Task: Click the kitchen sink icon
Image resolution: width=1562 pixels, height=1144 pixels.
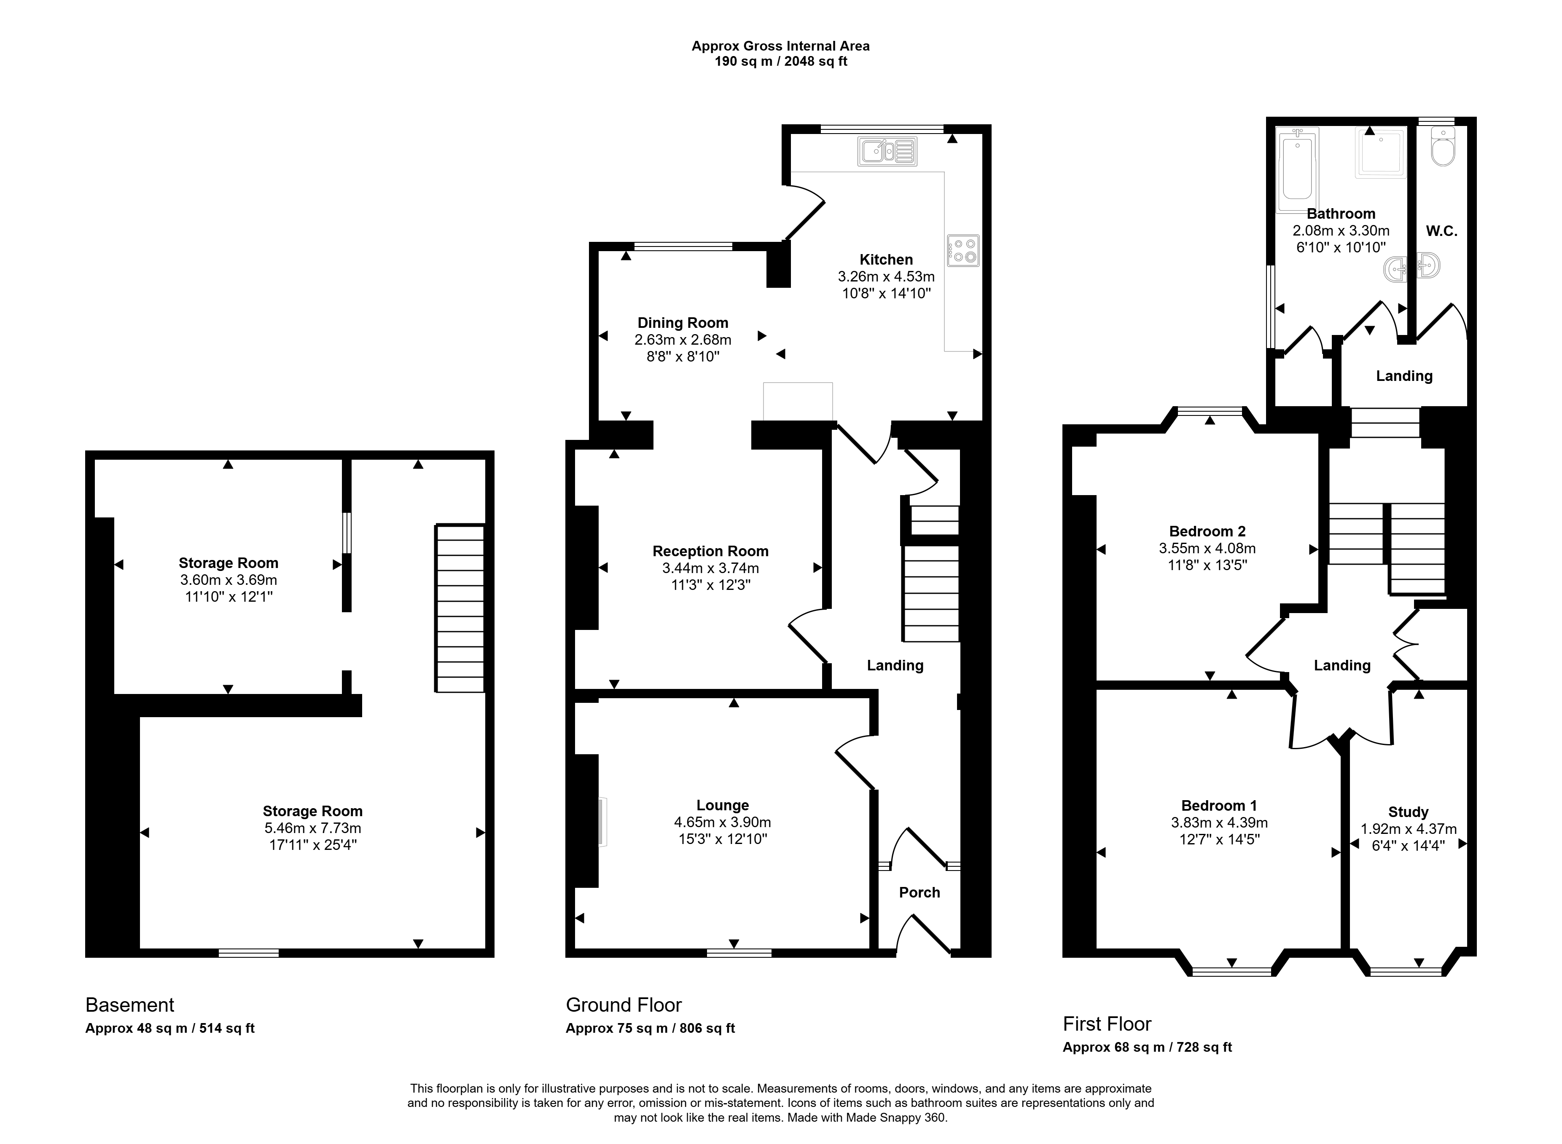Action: pyautogui.click(x=887, y=151)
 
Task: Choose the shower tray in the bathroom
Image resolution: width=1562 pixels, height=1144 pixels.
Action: pyautogui.click(x=1381, y=153)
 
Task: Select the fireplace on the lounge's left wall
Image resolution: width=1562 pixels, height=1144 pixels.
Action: pyautogui.click(x=602, y=821)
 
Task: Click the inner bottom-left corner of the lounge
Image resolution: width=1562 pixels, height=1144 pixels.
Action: pyautogui.click(x=575, y=947)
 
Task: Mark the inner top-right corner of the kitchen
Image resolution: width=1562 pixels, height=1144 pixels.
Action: pyautogui.click(x=982, y=134)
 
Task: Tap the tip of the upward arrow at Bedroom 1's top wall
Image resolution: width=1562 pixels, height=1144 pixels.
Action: pyautogui.click(x=1231, y=690)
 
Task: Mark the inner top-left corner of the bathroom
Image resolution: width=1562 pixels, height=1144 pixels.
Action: pyautogui.click(x=1277, y=127)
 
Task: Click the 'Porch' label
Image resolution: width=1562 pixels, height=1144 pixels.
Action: pyautogui.click(x=919, y=892)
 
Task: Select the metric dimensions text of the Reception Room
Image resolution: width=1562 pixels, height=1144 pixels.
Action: pyautogui.click(x=711, y=568)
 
